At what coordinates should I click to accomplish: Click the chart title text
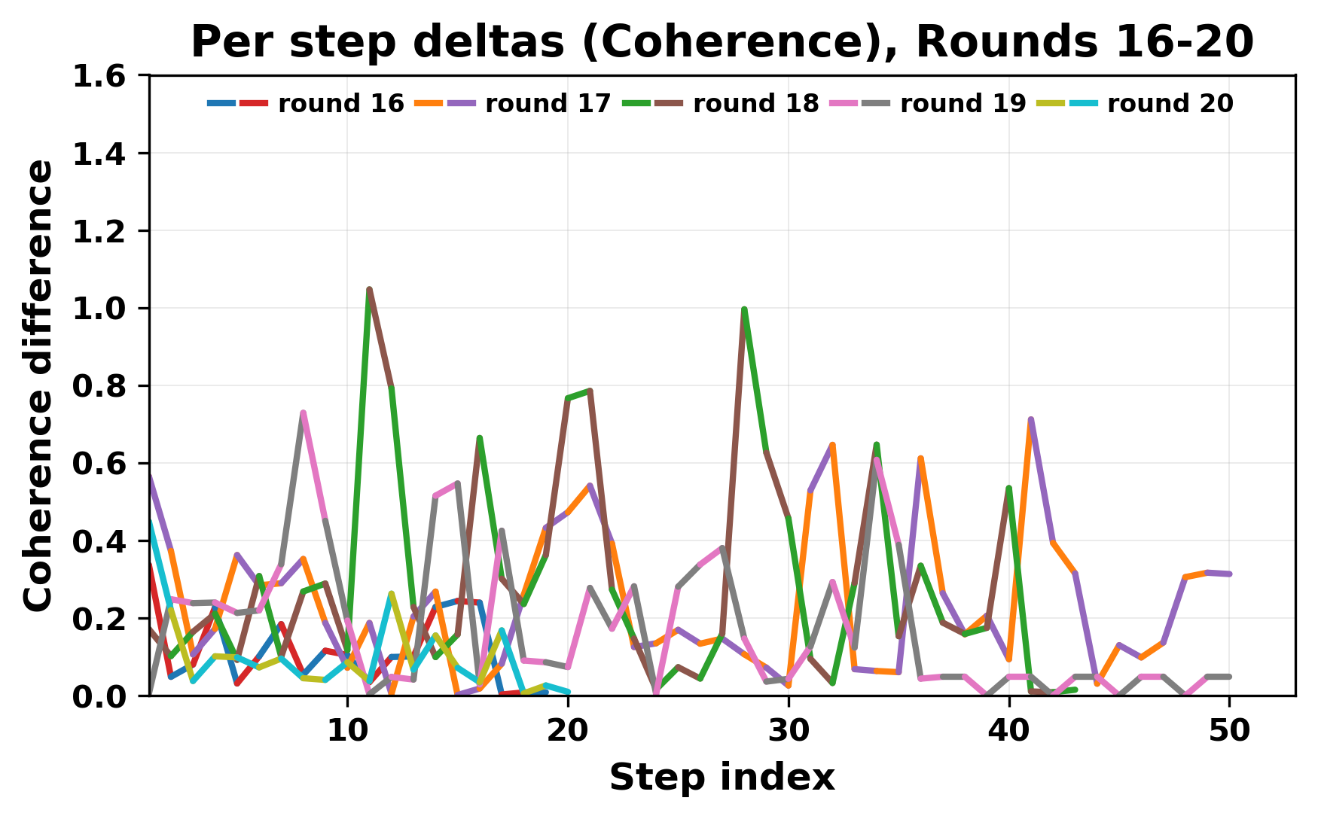[722, 42]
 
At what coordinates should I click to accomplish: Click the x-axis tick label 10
[347, 731]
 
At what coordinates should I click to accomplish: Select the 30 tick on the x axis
[789, 731]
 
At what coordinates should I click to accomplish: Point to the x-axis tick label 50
[1229, 731]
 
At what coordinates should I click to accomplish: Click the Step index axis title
[722, 778]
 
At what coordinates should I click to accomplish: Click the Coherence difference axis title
[39, 385]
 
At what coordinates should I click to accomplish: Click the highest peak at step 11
[369, 289]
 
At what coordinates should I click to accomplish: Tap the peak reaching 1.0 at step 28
[744, 309]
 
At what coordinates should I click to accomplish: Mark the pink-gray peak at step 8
[303, 413]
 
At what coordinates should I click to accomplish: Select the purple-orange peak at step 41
[1030, 419]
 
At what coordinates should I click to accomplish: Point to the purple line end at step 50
[1229, 574]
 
